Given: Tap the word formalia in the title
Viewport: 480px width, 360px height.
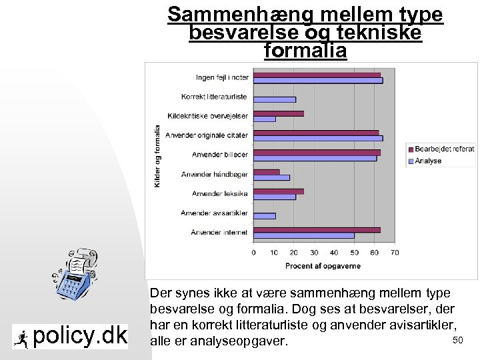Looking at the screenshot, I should point(305,51).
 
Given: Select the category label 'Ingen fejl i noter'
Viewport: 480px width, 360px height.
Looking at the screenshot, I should point(221,77).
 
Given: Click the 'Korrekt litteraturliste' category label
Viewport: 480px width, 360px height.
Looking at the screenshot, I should point(215,97).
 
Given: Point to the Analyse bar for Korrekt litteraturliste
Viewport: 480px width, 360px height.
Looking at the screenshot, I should point(275,100).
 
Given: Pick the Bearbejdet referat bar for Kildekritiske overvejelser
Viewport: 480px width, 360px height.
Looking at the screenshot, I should point(279,113).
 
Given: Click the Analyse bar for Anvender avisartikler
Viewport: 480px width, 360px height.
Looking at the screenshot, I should point(265,216).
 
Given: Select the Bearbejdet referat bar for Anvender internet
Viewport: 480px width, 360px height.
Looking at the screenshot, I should point(317,230).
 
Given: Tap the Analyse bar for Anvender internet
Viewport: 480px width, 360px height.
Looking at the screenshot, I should point(304,235).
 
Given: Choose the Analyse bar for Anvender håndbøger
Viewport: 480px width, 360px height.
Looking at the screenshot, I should point(272,177).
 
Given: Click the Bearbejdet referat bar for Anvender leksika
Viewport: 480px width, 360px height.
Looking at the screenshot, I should point(279,191).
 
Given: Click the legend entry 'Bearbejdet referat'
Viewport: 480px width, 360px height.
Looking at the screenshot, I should point(444,149).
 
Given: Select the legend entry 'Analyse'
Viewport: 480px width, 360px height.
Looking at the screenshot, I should point(428,161).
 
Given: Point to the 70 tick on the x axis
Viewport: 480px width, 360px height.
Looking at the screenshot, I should point(395,253).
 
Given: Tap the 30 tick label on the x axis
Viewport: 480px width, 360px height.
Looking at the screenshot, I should point(314,253).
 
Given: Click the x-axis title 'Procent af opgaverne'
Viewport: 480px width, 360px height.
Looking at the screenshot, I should point(323,266).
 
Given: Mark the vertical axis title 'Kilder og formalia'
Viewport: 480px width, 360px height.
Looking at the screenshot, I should point(158,156).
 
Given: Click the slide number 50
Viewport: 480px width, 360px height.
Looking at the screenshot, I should point(457,341).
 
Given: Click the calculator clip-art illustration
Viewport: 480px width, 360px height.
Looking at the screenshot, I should point(75,277).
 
